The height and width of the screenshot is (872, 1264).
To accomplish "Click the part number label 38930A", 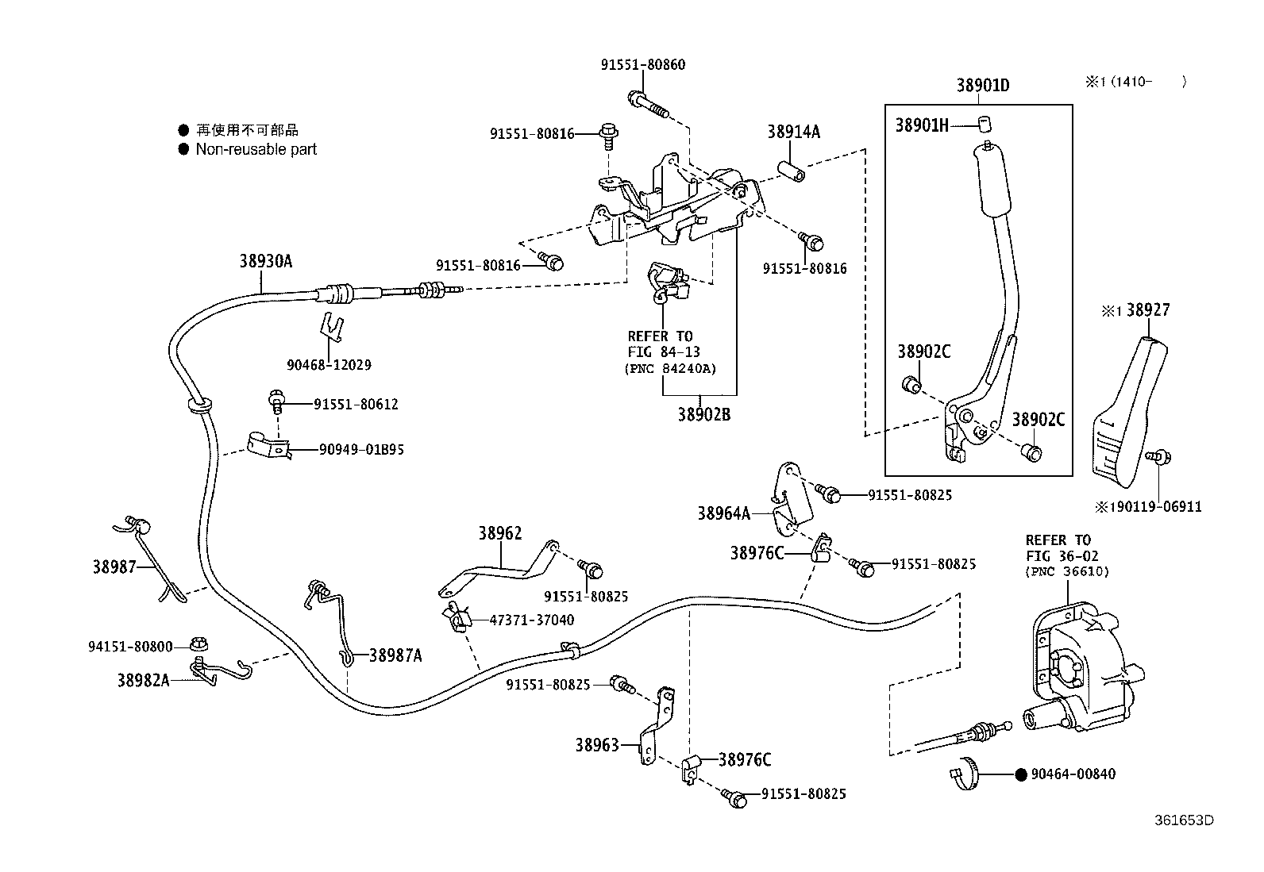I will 266,261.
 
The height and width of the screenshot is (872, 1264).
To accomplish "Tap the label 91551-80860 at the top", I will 642,65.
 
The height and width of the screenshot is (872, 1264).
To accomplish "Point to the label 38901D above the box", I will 982,86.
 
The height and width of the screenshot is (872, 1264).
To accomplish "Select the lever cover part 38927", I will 1127,413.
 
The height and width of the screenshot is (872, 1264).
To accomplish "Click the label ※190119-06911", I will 1148,507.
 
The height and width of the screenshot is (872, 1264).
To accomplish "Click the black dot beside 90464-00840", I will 1021,774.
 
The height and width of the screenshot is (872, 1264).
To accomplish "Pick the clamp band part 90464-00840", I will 964,774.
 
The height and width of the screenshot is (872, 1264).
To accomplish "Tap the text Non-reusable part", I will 256,149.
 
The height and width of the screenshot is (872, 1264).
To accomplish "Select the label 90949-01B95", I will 361,450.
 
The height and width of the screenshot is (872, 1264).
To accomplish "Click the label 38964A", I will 723,513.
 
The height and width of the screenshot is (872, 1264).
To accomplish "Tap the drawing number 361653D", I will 1184,820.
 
